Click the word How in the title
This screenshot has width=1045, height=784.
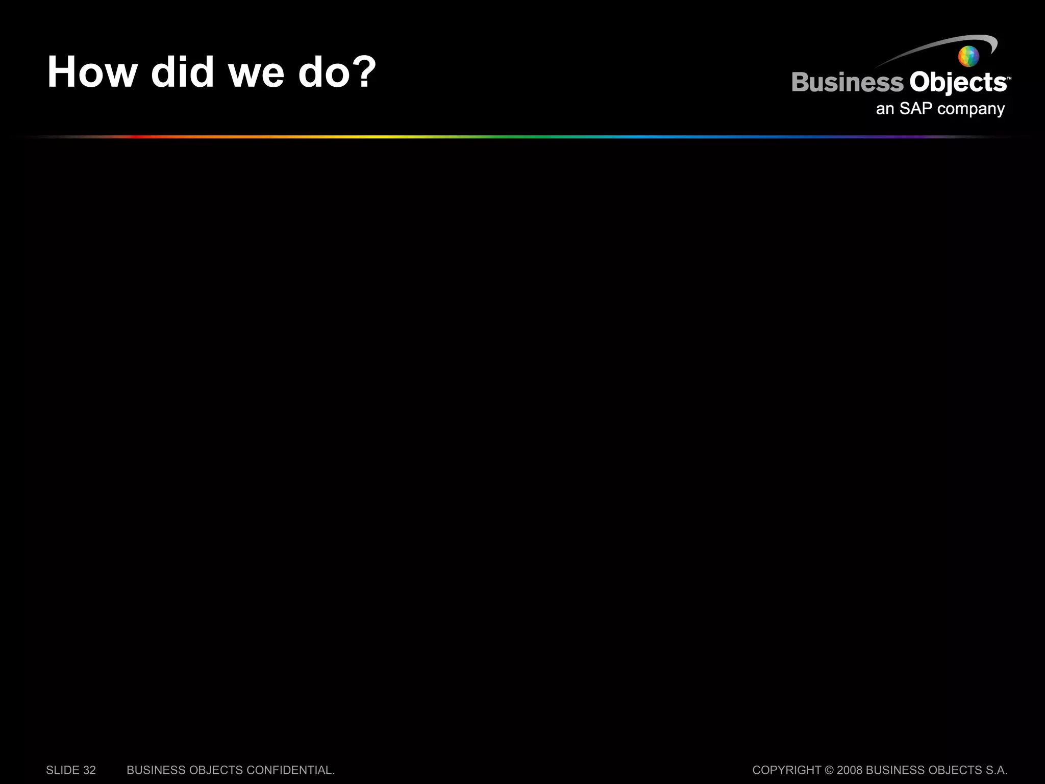(x=92, y=72)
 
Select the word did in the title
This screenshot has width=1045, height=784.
(x=182, y=72)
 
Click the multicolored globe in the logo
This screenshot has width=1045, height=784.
(x=968, y=56)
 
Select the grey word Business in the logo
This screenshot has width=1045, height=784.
(x=848, y=83)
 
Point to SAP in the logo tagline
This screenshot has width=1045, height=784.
(x=916, y=108)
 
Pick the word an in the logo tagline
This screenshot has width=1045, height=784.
(x=885, y=109)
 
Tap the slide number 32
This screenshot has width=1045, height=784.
(x=89, y=770)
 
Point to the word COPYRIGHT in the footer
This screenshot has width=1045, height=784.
(x=786, y=770)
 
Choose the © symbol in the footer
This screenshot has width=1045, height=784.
(x=829, y=770)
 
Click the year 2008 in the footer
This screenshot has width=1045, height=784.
(x=850, y=770)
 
